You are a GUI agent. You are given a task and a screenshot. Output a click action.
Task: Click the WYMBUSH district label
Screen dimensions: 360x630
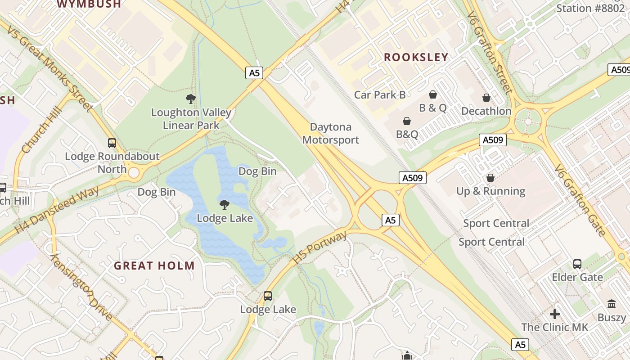point(89,4)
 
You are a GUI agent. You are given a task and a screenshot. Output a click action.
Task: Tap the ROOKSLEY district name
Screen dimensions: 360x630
point(416,57)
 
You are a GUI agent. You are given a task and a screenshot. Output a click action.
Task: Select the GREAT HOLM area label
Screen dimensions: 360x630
point(154,265)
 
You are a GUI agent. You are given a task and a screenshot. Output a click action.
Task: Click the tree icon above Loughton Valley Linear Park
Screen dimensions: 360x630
point(191,99)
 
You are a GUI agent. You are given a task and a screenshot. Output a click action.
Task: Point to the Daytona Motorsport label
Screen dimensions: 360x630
point(331,133)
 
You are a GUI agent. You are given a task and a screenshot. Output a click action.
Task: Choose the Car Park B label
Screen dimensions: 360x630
point(380,94)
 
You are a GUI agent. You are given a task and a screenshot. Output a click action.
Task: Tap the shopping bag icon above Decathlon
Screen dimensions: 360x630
point(486,98)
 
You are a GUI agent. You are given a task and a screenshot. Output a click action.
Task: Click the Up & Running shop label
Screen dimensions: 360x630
point(490,191)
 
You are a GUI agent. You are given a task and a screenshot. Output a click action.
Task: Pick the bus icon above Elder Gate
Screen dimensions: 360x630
point(577,264)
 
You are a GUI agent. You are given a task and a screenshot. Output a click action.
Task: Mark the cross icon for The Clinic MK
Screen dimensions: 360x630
point(555,314)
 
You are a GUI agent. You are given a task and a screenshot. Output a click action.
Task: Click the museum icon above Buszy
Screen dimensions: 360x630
point(612,304)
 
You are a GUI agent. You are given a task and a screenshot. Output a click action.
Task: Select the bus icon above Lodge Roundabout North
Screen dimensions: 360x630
point(112,143)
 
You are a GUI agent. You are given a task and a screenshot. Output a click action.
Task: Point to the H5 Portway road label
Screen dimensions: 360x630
point(320,247)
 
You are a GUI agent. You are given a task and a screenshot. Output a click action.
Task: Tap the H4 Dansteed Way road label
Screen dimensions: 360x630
point(57,210)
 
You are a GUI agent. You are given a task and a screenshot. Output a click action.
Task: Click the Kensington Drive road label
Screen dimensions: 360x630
point(81,287)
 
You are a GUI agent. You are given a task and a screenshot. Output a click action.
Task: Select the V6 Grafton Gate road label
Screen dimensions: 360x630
point(580,200)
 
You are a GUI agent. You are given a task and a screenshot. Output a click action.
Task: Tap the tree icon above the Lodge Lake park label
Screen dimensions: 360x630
point(225,205)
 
